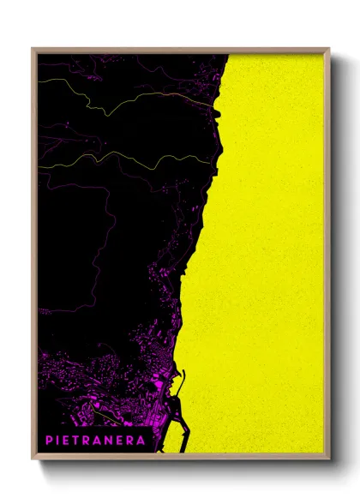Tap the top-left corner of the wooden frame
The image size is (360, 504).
33,50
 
